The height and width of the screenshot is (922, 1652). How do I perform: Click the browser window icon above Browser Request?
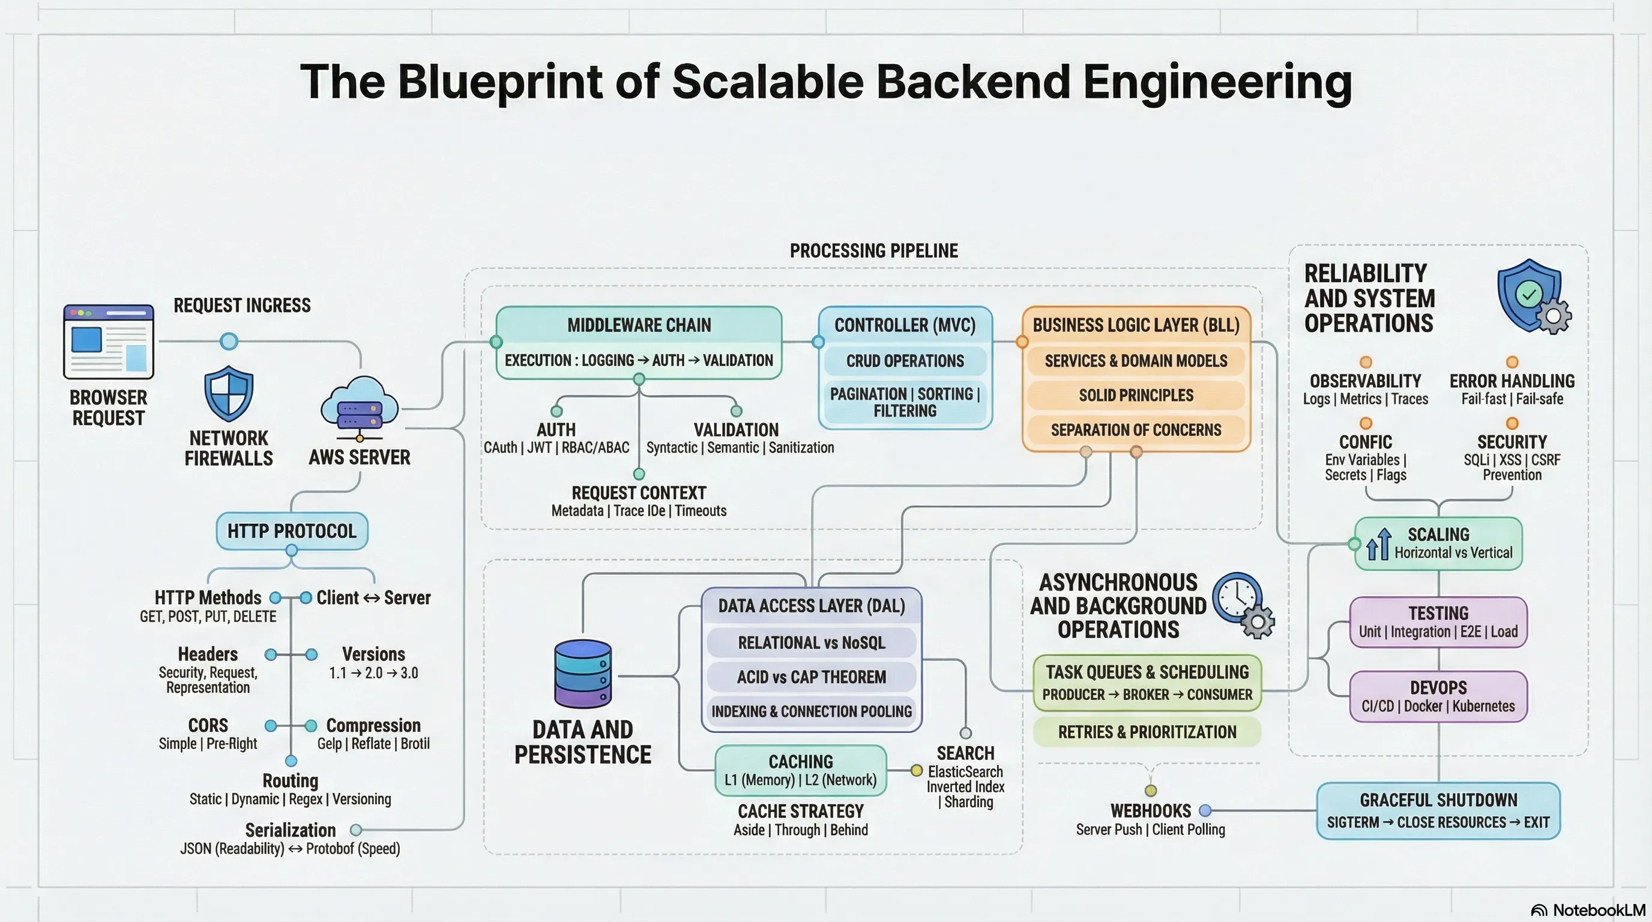tap(109, 341)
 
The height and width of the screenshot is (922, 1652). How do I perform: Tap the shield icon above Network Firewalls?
tap(228, 393)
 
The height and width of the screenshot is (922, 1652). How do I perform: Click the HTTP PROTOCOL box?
tap(292, 531)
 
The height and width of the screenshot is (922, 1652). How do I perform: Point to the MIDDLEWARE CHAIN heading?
tap(639, 325)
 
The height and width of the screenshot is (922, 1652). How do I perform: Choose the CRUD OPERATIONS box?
tap(905, 361)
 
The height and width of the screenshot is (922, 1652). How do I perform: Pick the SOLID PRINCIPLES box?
tap(1136, 396)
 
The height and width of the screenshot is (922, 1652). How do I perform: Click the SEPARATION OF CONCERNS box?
tap(1136, 430)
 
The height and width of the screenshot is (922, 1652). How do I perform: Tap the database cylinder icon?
tap(582, 673)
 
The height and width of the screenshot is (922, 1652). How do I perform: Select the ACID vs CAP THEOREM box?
tap(811, 677)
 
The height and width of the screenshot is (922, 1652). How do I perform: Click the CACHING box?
tap(800, 770)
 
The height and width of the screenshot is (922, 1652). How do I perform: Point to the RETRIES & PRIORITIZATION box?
tap(1147, 732)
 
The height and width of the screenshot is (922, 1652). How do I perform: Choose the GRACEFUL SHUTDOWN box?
tap(1438, 811)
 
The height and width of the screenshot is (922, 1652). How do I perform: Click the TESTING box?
tap(1438, 622)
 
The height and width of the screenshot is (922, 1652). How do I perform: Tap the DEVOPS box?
tap(1438, 696)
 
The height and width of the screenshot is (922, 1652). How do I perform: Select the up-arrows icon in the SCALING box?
tap(1378, 544)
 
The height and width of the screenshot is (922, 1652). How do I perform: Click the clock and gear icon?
tap(1244, 605)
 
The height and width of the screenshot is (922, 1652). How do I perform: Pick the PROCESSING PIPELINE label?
tap(873, 251)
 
